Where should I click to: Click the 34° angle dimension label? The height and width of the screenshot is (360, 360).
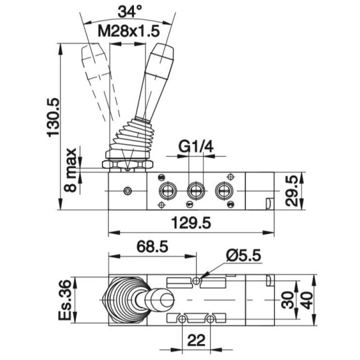(130, 12)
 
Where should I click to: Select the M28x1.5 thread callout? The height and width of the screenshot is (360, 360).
(129, 31)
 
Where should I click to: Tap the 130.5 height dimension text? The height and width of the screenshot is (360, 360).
(53, 118)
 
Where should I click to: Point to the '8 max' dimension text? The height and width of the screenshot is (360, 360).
(70, 170)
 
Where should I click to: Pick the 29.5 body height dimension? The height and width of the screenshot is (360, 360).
(292, 191)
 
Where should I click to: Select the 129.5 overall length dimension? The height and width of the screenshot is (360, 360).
(191, 223)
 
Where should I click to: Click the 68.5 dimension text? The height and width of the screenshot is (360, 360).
(153, 247)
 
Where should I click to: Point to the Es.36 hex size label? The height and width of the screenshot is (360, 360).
(65, 300)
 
